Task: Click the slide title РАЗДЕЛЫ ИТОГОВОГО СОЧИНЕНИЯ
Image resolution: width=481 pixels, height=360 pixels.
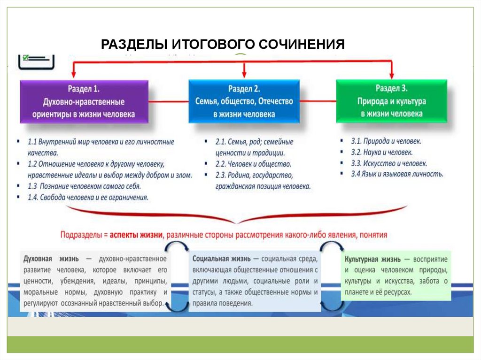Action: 223,45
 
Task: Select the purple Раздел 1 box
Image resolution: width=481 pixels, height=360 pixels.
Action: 84,101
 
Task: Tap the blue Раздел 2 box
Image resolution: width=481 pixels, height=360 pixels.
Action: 244,101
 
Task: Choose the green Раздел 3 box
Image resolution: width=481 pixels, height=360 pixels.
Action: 392,101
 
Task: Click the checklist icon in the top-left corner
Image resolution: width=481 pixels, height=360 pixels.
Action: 36,61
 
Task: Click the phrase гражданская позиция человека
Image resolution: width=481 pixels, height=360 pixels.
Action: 263,186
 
